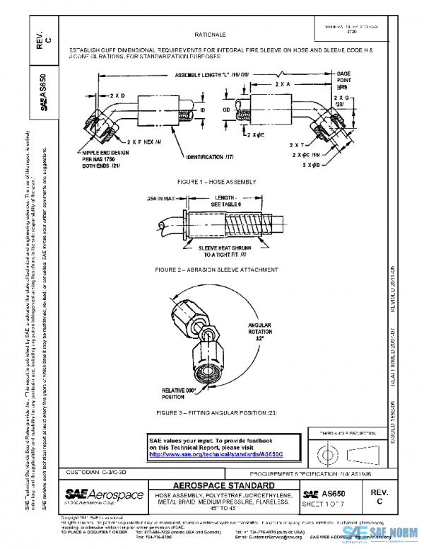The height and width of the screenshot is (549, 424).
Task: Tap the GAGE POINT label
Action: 343,77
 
